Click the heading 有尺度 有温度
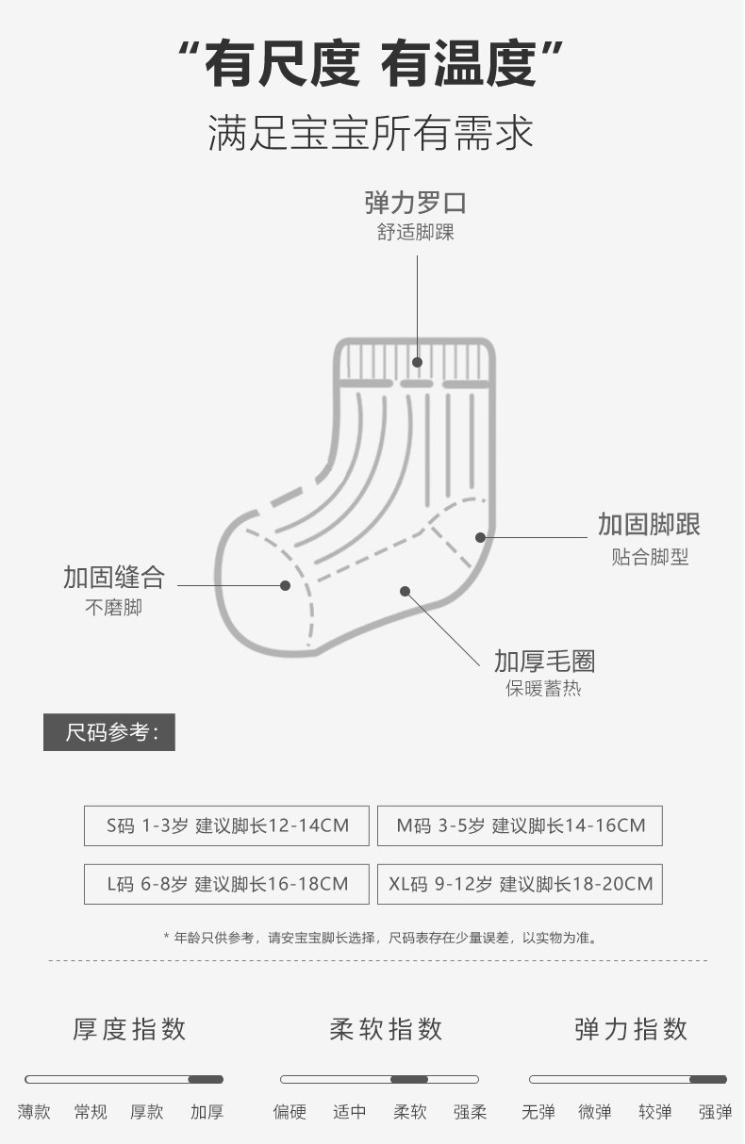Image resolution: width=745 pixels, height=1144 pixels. (372, 64)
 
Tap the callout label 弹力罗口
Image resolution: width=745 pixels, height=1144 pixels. (416, 203)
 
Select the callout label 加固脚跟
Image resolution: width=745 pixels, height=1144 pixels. (649, 525)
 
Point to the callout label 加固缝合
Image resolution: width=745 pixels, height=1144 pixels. (114, 577)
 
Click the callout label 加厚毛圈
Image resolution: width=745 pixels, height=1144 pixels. (544, 661)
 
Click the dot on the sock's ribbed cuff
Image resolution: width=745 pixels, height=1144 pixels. (417, 361)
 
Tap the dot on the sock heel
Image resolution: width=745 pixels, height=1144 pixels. (480, 537)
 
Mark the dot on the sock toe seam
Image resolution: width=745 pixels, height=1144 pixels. (285, 585)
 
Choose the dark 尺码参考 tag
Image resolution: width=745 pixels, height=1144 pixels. (109, 732)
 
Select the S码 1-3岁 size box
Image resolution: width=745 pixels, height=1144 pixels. (226, 825)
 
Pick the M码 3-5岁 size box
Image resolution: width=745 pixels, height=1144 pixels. (520, 825)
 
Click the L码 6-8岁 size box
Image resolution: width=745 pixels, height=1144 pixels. (226, 884)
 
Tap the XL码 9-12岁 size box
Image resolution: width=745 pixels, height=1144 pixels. (520, 884)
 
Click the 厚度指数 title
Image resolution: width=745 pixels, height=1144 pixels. (129, 1029)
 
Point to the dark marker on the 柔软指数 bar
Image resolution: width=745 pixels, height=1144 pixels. (409, 1079)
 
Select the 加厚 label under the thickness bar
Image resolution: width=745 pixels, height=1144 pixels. (207, 1112)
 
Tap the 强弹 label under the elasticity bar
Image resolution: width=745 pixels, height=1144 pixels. (715, 1112)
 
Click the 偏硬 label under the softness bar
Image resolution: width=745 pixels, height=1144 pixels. (290, 1112)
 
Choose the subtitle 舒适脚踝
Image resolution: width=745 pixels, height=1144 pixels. (416, 232)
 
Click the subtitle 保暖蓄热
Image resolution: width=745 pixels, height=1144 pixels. (543, 688)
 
